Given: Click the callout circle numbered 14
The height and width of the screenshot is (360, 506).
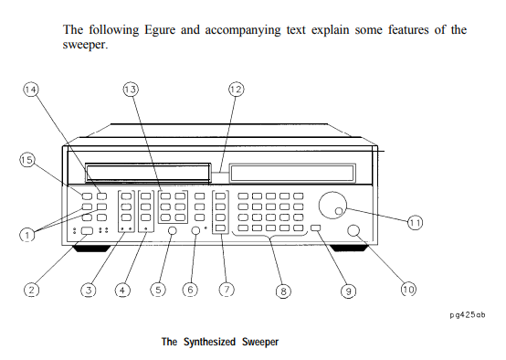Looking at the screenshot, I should click(x=31, y=90).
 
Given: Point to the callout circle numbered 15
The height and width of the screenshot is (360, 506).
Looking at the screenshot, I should click(x=27, y=160).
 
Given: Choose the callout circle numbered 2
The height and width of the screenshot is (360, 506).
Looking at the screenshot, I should click(x=31, y=290).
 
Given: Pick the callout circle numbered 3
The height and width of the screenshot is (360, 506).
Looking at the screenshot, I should click(x=88, y=290).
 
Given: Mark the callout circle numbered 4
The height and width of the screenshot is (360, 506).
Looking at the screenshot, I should click(x=122, y=290).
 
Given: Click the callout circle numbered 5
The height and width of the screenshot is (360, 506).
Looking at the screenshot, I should click(x=157, y=290).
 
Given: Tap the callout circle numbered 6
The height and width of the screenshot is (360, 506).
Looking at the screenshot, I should click(x=190, y=290).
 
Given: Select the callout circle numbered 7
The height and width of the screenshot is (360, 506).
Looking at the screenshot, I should click(x=226, y=290).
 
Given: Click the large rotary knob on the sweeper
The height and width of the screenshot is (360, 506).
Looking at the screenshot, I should click(x=333, y=206).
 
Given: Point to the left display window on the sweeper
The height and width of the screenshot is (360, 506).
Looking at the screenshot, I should click(x=150, y=173).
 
